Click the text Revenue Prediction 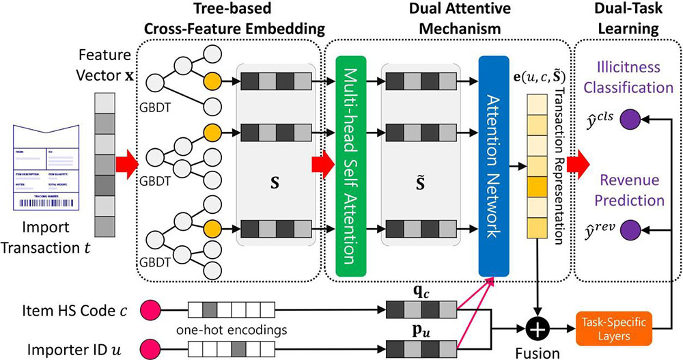[x=628, y=191]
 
